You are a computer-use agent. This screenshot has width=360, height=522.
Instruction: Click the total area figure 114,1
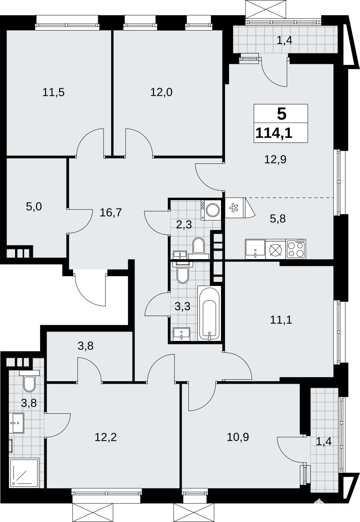coord(274,133)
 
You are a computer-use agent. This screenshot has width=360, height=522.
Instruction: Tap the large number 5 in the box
coord(282,114)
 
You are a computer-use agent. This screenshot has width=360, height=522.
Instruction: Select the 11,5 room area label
coord(54,93)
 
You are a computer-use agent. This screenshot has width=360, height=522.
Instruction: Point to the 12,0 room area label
coord(161,93)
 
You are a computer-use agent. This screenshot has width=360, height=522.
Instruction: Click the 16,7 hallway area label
coord(111,213)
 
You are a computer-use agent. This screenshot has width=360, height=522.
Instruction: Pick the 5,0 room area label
coord(34,207)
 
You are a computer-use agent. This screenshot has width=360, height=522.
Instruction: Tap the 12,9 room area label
coord(275,160)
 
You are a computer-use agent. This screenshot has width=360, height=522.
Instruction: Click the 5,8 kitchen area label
coord(278,219)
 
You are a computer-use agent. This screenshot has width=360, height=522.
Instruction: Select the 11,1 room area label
coord(281,320)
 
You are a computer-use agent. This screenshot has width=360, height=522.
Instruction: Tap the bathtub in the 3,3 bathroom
coord(209,313)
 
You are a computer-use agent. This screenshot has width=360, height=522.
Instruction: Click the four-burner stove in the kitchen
coord(296,249)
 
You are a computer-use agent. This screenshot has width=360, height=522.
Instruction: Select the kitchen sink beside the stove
coord(255,249)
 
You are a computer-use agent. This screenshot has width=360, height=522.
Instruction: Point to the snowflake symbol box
coord(233,207)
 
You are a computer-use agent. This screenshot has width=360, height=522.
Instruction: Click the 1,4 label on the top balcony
coord(285,41)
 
